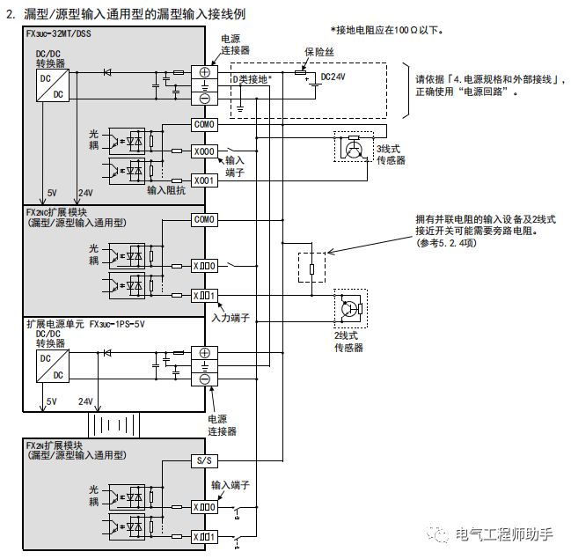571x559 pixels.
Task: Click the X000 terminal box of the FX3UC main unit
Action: [203, 151]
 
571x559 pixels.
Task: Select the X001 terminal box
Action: [203, 180]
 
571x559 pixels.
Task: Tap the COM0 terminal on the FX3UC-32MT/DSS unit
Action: [203, 125]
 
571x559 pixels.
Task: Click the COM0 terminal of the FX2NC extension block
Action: [203, 219]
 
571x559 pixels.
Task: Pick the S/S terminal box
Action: [203, 460]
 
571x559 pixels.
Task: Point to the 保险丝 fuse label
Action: [322, 51]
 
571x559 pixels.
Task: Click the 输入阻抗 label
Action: [167, 190]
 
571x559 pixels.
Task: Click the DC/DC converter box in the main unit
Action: [48, 85]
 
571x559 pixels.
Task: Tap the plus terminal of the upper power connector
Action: [203, 73]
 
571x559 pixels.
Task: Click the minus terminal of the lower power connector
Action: [203, 379]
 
